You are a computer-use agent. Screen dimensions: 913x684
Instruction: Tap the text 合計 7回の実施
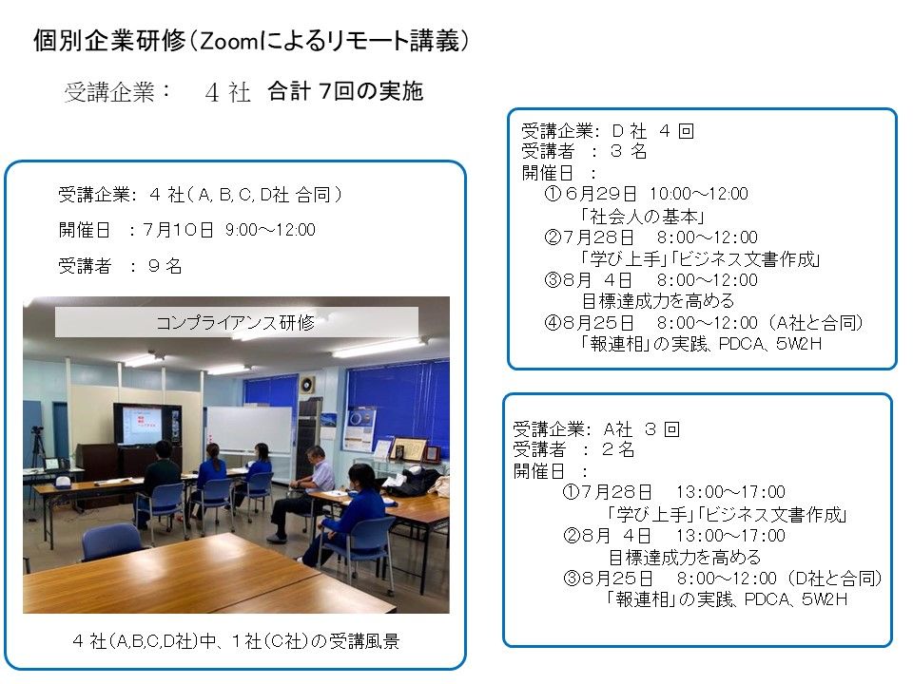pyautogui.click(x=345, y=91)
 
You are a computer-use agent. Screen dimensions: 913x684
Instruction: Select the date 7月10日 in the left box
pyautogui.click(x=178, y=230)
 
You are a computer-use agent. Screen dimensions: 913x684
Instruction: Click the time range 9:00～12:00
pyautogui.click(x=270, y=230)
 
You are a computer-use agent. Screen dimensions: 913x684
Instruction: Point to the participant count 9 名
pyautogui.click(x=165, y=266)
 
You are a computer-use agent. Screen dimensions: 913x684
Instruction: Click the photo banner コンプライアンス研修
pyautogui.click(x=236, y=322)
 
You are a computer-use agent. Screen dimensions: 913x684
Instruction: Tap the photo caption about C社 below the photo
pyautogui.click(x=236, y=641)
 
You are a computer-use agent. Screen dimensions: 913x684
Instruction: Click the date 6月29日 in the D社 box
pyautogui.click(x=600, y=193)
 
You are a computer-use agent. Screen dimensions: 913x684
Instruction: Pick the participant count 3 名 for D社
pyautogui.click(x=629, y=151)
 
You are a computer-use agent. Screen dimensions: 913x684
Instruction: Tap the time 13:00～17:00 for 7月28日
pyautogui.click(x=730, y=492)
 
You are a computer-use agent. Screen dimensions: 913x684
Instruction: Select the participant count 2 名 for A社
pyautogui.click(x=618, y=449)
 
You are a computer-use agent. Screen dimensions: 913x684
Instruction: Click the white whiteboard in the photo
pyautogui.click(x=249, y=429)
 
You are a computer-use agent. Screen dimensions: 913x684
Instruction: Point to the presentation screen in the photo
pyautogui.click(x=146, y=424)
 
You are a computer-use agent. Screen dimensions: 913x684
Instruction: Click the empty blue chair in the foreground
pyautogui.click(x=113, y=542)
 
